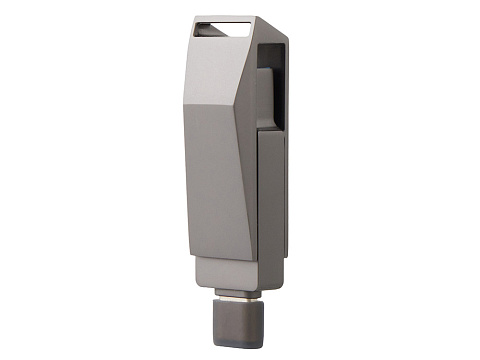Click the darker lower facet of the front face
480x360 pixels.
point(215,180)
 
